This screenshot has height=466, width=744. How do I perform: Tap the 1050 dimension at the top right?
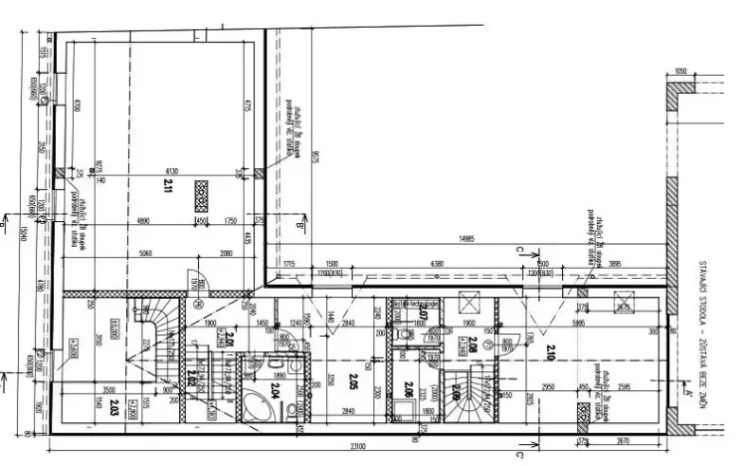[x=680, y=72]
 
